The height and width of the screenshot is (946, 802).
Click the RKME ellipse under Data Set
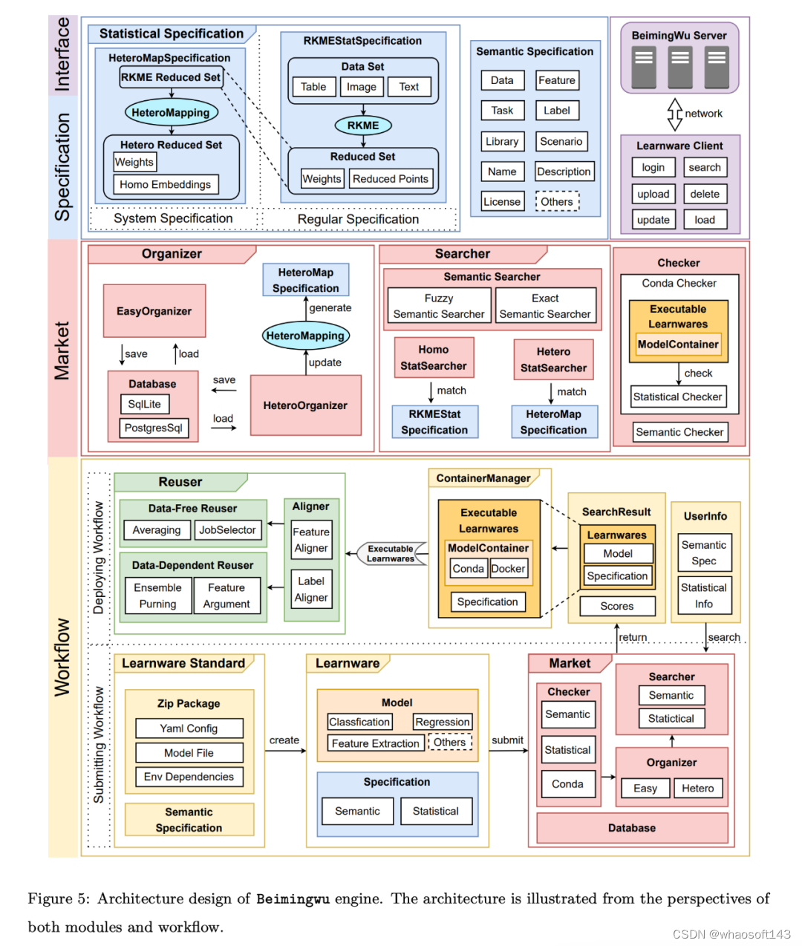363,125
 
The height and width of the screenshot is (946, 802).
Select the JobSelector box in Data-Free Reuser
227,530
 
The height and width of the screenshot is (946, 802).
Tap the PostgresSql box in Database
154,428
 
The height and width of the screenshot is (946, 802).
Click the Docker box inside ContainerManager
508,569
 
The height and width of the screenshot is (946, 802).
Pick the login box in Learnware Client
653,168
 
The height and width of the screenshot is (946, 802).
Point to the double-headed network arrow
674,114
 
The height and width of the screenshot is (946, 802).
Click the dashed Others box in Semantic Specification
557,202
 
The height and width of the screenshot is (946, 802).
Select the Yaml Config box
189,728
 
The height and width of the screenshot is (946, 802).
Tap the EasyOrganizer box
154,311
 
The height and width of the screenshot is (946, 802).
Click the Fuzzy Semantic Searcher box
439,306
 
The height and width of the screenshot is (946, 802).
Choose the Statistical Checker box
677,397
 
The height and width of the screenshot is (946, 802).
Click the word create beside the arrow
284,740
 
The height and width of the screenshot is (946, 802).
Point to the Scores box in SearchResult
617,606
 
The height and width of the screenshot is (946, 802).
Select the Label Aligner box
311,590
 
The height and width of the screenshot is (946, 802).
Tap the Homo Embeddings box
166,185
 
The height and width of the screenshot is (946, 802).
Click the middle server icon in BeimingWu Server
679,68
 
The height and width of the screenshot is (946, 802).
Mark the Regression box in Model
443,722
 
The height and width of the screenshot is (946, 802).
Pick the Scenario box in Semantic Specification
561,142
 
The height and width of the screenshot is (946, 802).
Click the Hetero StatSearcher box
553,360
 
